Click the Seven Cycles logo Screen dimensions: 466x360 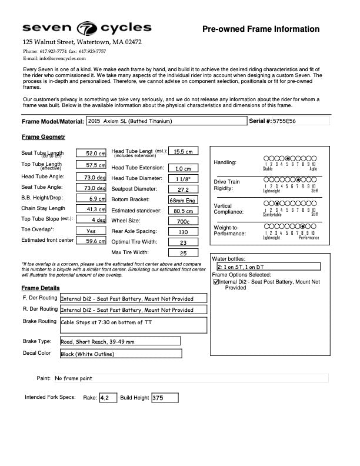click(x=87, y=28)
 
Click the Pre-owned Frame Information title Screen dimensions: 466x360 click(x=261, y=29)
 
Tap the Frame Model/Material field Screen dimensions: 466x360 click(x=166, y=121)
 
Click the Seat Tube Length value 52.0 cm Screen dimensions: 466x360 click(x=91, y=153)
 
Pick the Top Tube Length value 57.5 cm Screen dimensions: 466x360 click(x=91, y=165)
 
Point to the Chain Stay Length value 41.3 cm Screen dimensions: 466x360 click(x=91, y=209)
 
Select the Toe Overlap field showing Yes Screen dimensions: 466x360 click(x=91, y=231)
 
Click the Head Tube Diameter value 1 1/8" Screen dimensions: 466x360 click(x=183, y=178)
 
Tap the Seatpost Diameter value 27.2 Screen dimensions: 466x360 click(x=183, y=189)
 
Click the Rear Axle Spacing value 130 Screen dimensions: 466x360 click(x=183, y=232)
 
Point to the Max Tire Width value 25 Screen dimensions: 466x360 click(x=183, y=253)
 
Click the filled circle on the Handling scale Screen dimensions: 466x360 click(x=287, y=158)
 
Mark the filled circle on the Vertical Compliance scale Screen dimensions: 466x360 click(x=276, y=203)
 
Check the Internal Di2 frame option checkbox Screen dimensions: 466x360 click(x=216, y=282)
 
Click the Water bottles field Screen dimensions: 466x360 click(x=268, y=267)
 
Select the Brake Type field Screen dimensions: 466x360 click(x=120, y=341)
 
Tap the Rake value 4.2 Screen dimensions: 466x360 click(x=108, y=398)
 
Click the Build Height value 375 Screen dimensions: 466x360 click(x=165, y=398)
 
